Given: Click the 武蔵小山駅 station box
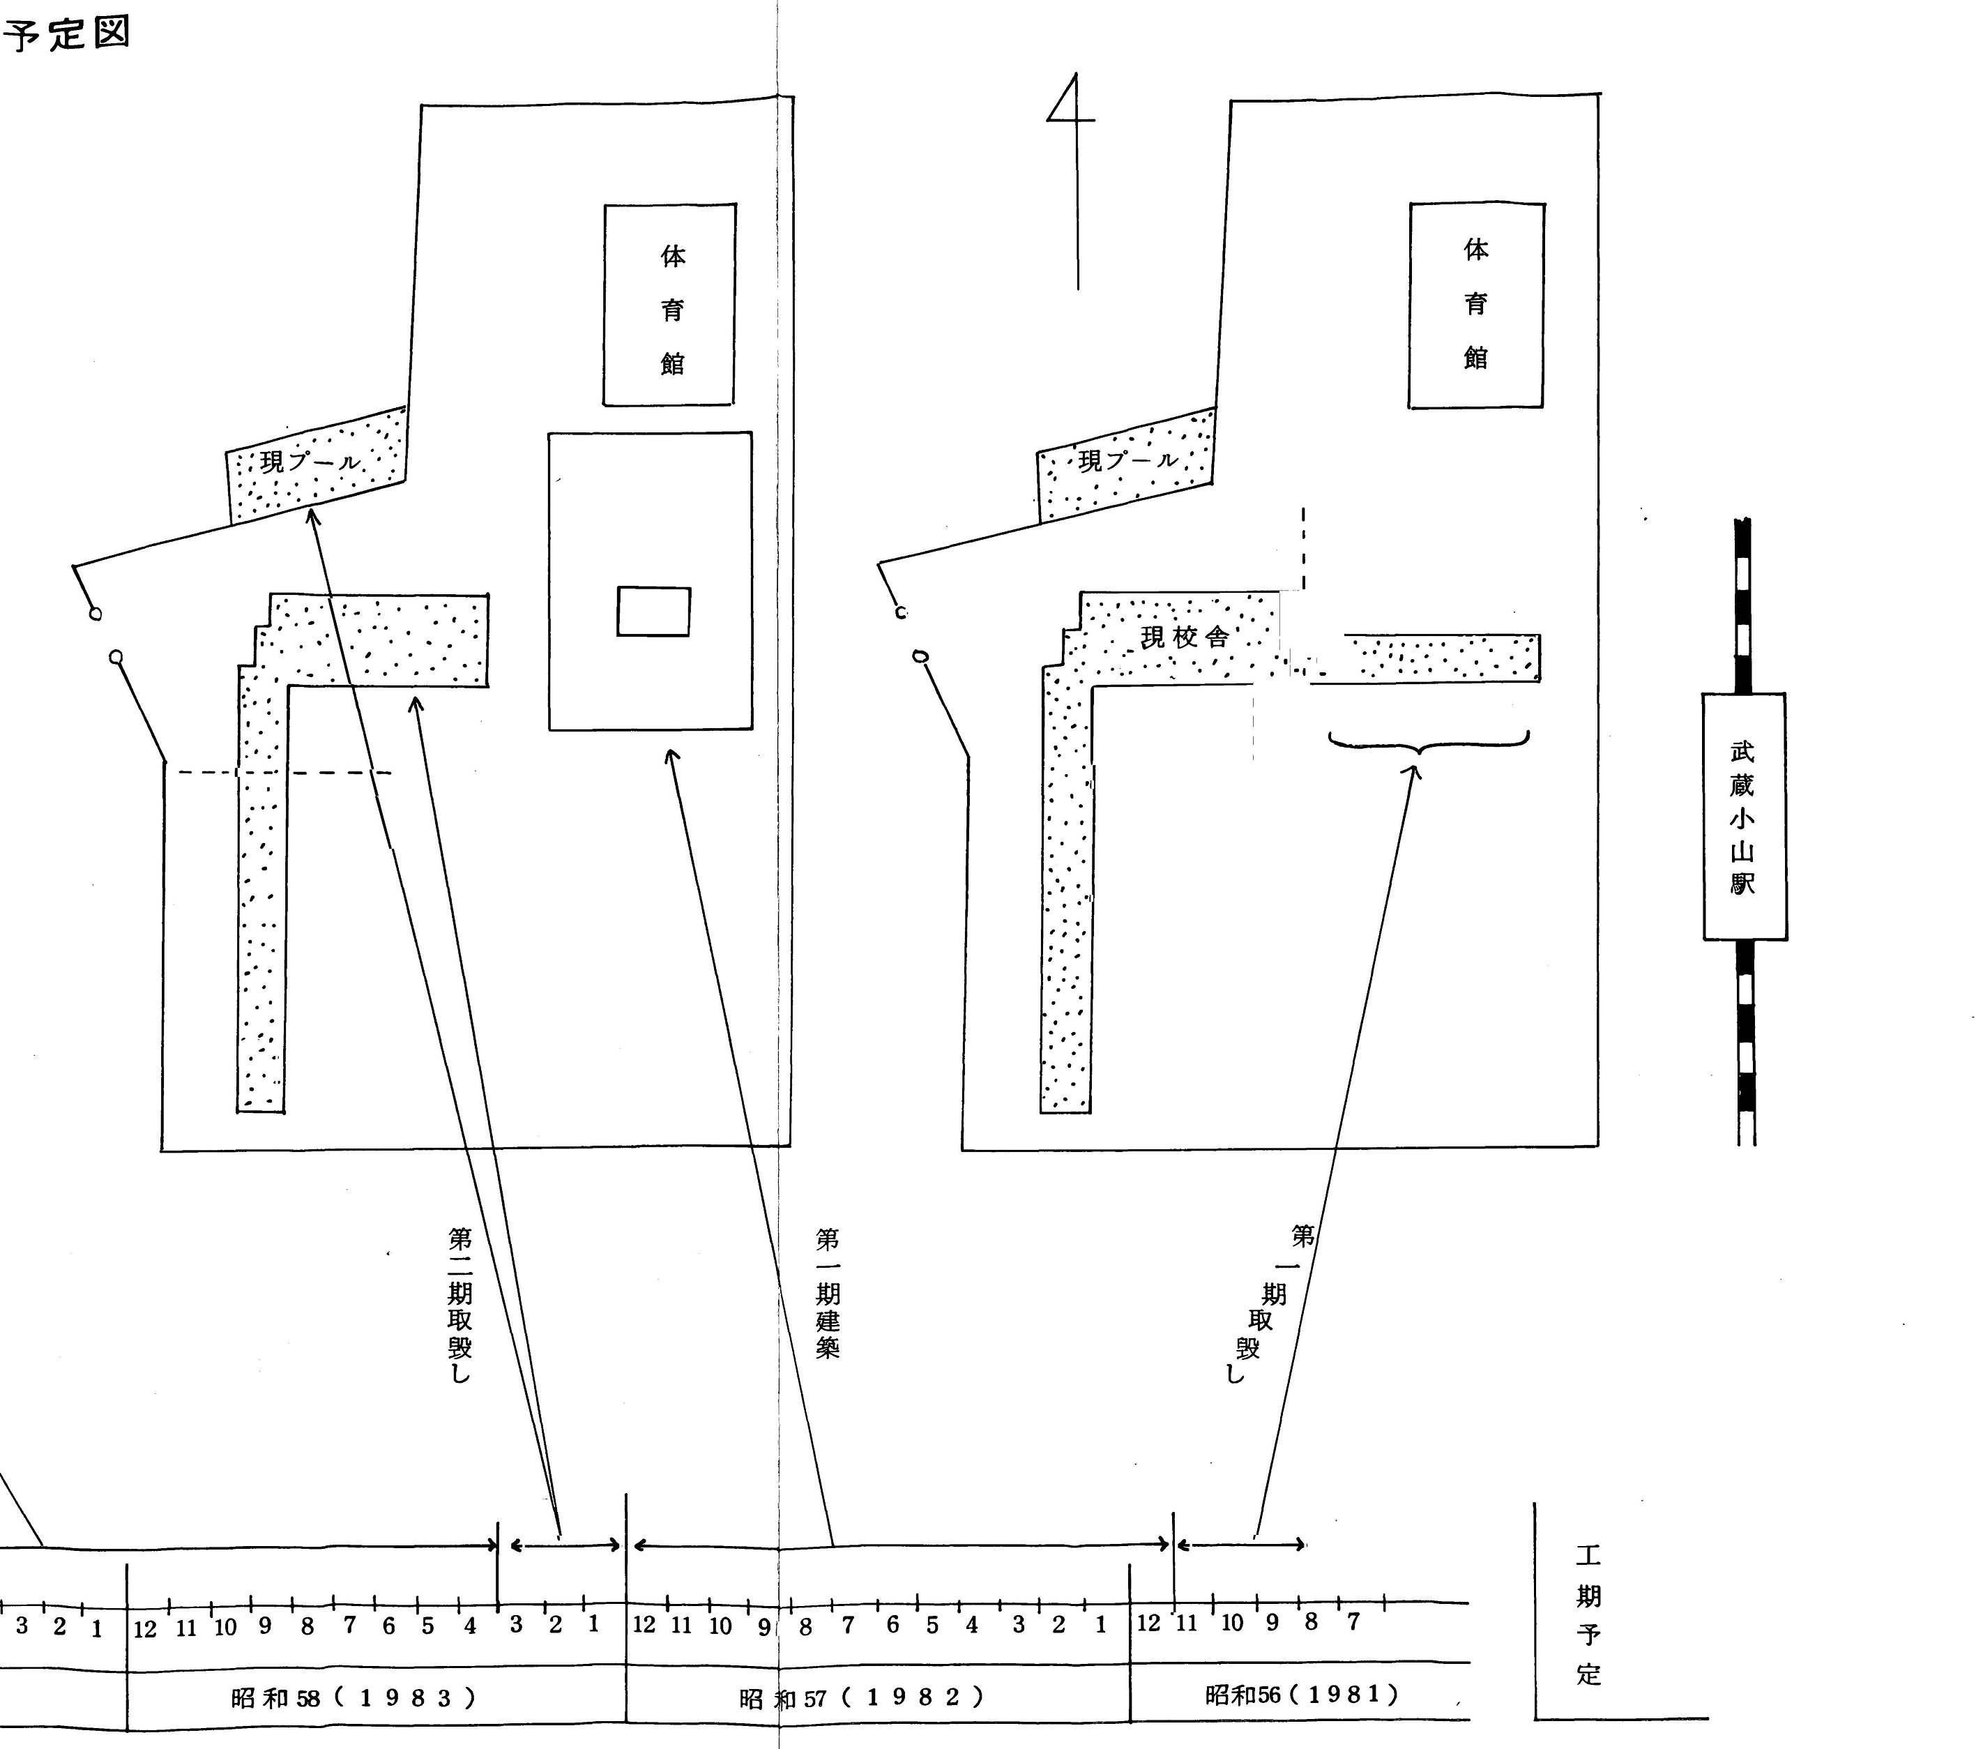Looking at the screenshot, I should pyautogui.click(x=1743, y=816).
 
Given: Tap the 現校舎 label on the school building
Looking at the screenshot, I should pyautogui.click(x=1185, y=637).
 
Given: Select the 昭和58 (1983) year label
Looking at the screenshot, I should pyautogui.click(x=354, y=1697).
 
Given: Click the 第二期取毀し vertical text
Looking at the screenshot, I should pyautogui.click(x=460, y=1304).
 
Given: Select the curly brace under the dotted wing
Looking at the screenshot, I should pyautogui.click(x=1428, y=742).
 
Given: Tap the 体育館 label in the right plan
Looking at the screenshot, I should pyautogui.click(x=1475, y=303).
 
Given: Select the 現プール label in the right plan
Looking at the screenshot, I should pyautogui.click(x=1127, y=460).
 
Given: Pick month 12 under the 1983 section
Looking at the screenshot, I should pyautogui.click(x=144, y=1629).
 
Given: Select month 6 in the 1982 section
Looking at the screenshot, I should pyautogui.click(x=892, y=1625).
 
